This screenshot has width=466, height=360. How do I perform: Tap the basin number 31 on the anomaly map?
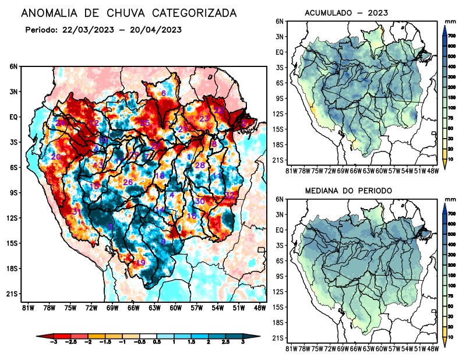tap(76, 211)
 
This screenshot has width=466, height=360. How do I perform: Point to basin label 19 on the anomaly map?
tap(140, 263)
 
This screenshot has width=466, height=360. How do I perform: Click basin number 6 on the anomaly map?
tap(164, 93)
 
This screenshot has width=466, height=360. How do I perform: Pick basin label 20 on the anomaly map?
tap(56, 157)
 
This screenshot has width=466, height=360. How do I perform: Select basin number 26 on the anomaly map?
tap(128, 183)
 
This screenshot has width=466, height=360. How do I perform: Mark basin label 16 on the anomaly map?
tap(192, 216)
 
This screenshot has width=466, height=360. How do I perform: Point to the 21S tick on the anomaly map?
tap(12, 294)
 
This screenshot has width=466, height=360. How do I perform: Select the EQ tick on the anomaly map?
tap(13, 117)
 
